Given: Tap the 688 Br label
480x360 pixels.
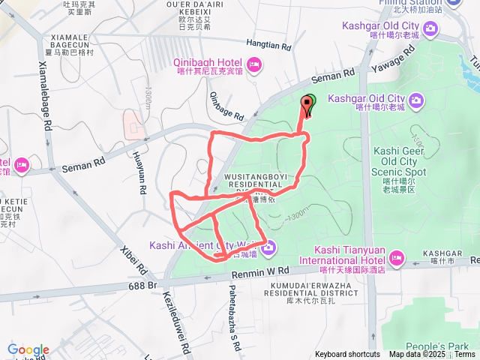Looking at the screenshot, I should point(143,286).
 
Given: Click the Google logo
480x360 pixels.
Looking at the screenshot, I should point(28,350).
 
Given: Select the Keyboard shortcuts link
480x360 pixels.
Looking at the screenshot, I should point(347,354).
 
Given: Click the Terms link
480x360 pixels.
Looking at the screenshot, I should point(464,354).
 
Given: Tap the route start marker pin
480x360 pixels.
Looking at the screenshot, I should point(307,105).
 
